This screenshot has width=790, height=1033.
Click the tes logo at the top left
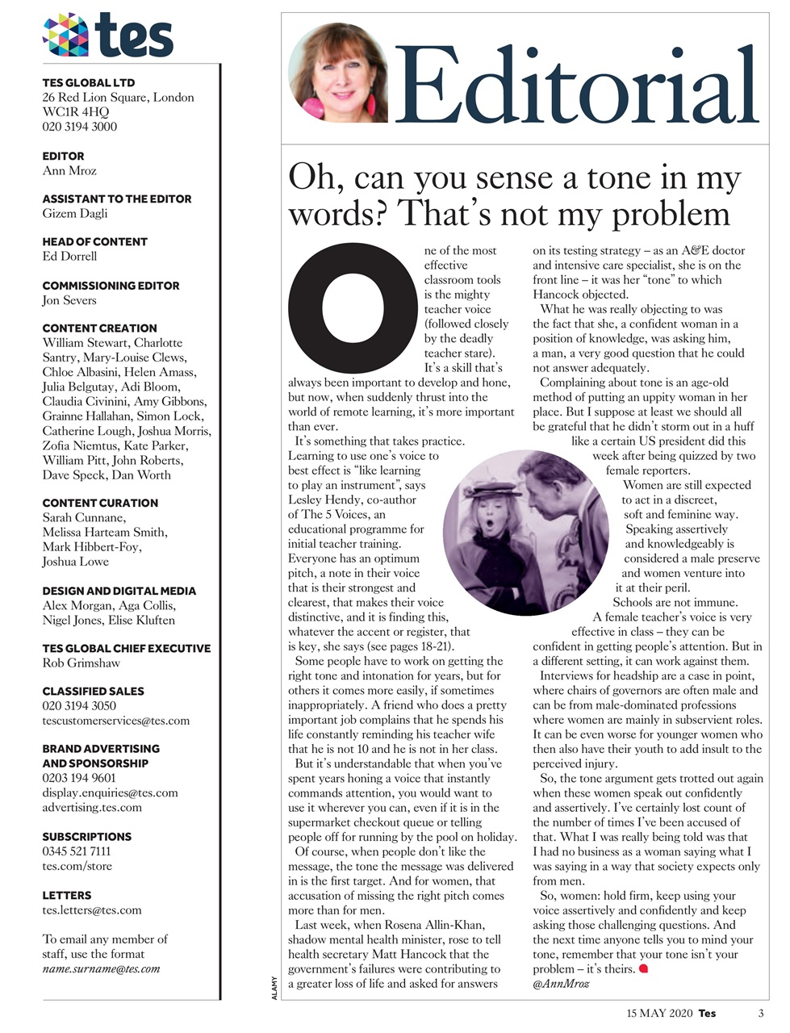pyautogui.click(x=107, y=35)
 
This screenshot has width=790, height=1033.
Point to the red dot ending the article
pyautogui.click(x=643, y=968)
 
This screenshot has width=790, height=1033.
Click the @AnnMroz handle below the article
pyautogui.click(x=561, y=984)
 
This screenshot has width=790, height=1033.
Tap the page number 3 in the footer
pyautogui.click(x=760, y=1014)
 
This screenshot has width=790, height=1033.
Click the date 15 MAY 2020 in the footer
pyautogui.click(x=658, y=1014)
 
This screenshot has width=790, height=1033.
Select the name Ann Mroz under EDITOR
pyautogui.click(x=69, y=170)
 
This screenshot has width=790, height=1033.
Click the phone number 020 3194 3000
pyautogui.click(x=79, y=127)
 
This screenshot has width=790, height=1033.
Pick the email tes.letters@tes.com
pyautogui.click(x=91, y=910)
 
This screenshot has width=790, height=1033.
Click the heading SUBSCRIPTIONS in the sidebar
pyautogui.click(x=86, y=836)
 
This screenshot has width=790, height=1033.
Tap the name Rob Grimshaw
pyautogui.click(x=81, y=663)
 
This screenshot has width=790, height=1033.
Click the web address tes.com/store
pyautogui.click(x=77, y=866)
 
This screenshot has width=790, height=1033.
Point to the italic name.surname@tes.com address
pyautogui.click(x=100, y=968)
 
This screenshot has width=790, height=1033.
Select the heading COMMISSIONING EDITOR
pyautogui.click(x=111, y=285)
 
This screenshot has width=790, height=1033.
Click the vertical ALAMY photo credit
pyautogui.click(x=274, y=989)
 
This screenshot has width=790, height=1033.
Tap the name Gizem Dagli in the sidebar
pyautogui.click(x=74, y=213)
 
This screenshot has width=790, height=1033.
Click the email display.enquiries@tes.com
pyautogui.click(x=110, y=793)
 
